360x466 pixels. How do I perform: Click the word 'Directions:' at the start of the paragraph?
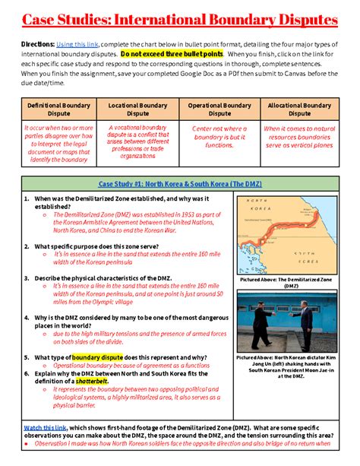(x=36, y=45)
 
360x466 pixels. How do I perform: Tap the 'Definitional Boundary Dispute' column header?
(x=59, y=109)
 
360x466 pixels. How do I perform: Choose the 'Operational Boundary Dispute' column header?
(x=219, y=109)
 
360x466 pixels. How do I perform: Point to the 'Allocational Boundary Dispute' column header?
(x=298, y=109)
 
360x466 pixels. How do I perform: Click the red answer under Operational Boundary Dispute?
(x=219, y=137)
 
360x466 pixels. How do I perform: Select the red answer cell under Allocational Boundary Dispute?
(x=298, y=137)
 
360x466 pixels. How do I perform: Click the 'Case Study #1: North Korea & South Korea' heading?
(x=179, y=183)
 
